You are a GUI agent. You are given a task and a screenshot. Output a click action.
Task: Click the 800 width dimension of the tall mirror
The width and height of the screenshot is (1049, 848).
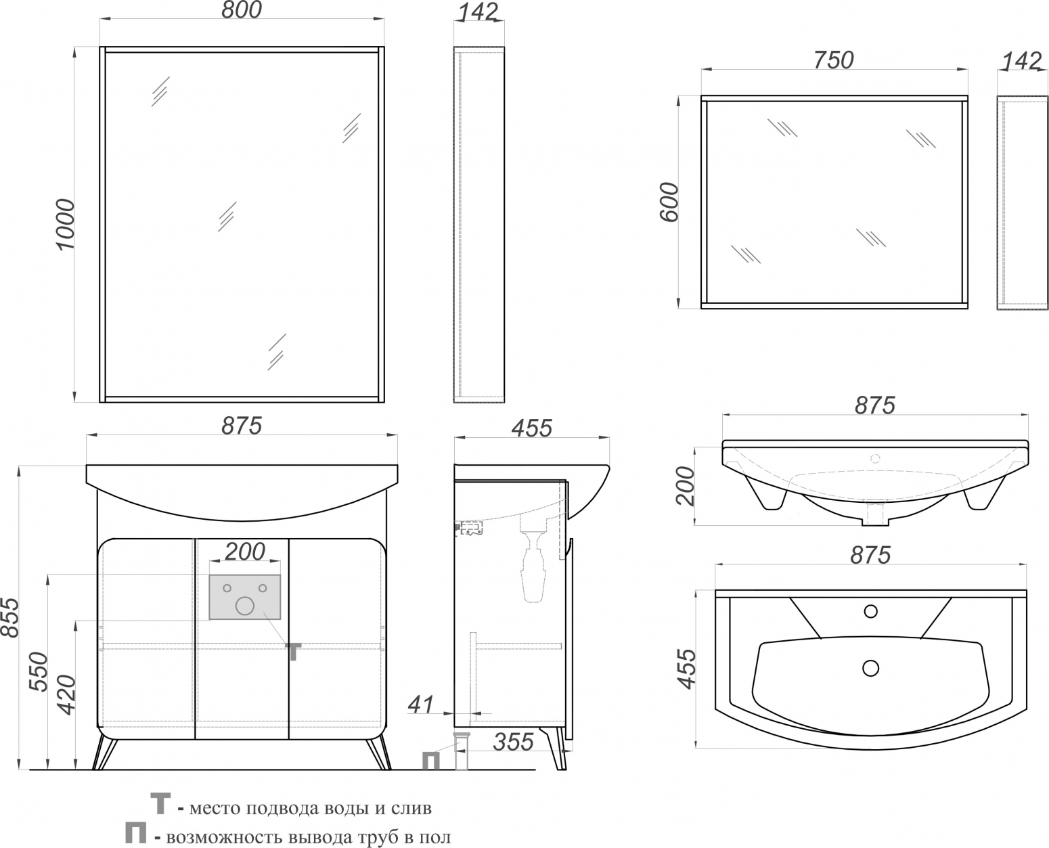coord(242,10)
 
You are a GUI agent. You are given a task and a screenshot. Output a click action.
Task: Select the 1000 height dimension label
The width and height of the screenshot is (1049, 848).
coord(65,225)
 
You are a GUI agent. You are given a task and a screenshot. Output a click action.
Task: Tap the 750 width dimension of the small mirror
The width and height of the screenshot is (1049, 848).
coord(833,60)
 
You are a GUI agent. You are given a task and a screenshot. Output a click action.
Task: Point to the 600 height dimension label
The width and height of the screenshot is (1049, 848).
coord(669,202)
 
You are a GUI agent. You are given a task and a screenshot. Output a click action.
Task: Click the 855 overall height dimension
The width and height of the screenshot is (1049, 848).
coord(10,617)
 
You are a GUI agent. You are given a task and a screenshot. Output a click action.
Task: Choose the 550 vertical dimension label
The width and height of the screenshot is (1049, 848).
coord(39,672)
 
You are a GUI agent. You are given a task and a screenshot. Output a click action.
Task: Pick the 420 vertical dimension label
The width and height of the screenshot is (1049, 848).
coord(66,695)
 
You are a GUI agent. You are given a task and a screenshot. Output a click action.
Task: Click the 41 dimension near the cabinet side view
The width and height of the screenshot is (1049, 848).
coord(420,705)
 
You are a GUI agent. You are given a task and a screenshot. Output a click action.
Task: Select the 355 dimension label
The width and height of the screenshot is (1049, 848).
coord(513,742)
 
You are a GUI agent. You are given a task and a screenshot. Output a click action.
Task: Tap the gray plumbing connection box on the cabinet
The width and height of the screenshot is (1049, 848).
coord(245,597)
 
